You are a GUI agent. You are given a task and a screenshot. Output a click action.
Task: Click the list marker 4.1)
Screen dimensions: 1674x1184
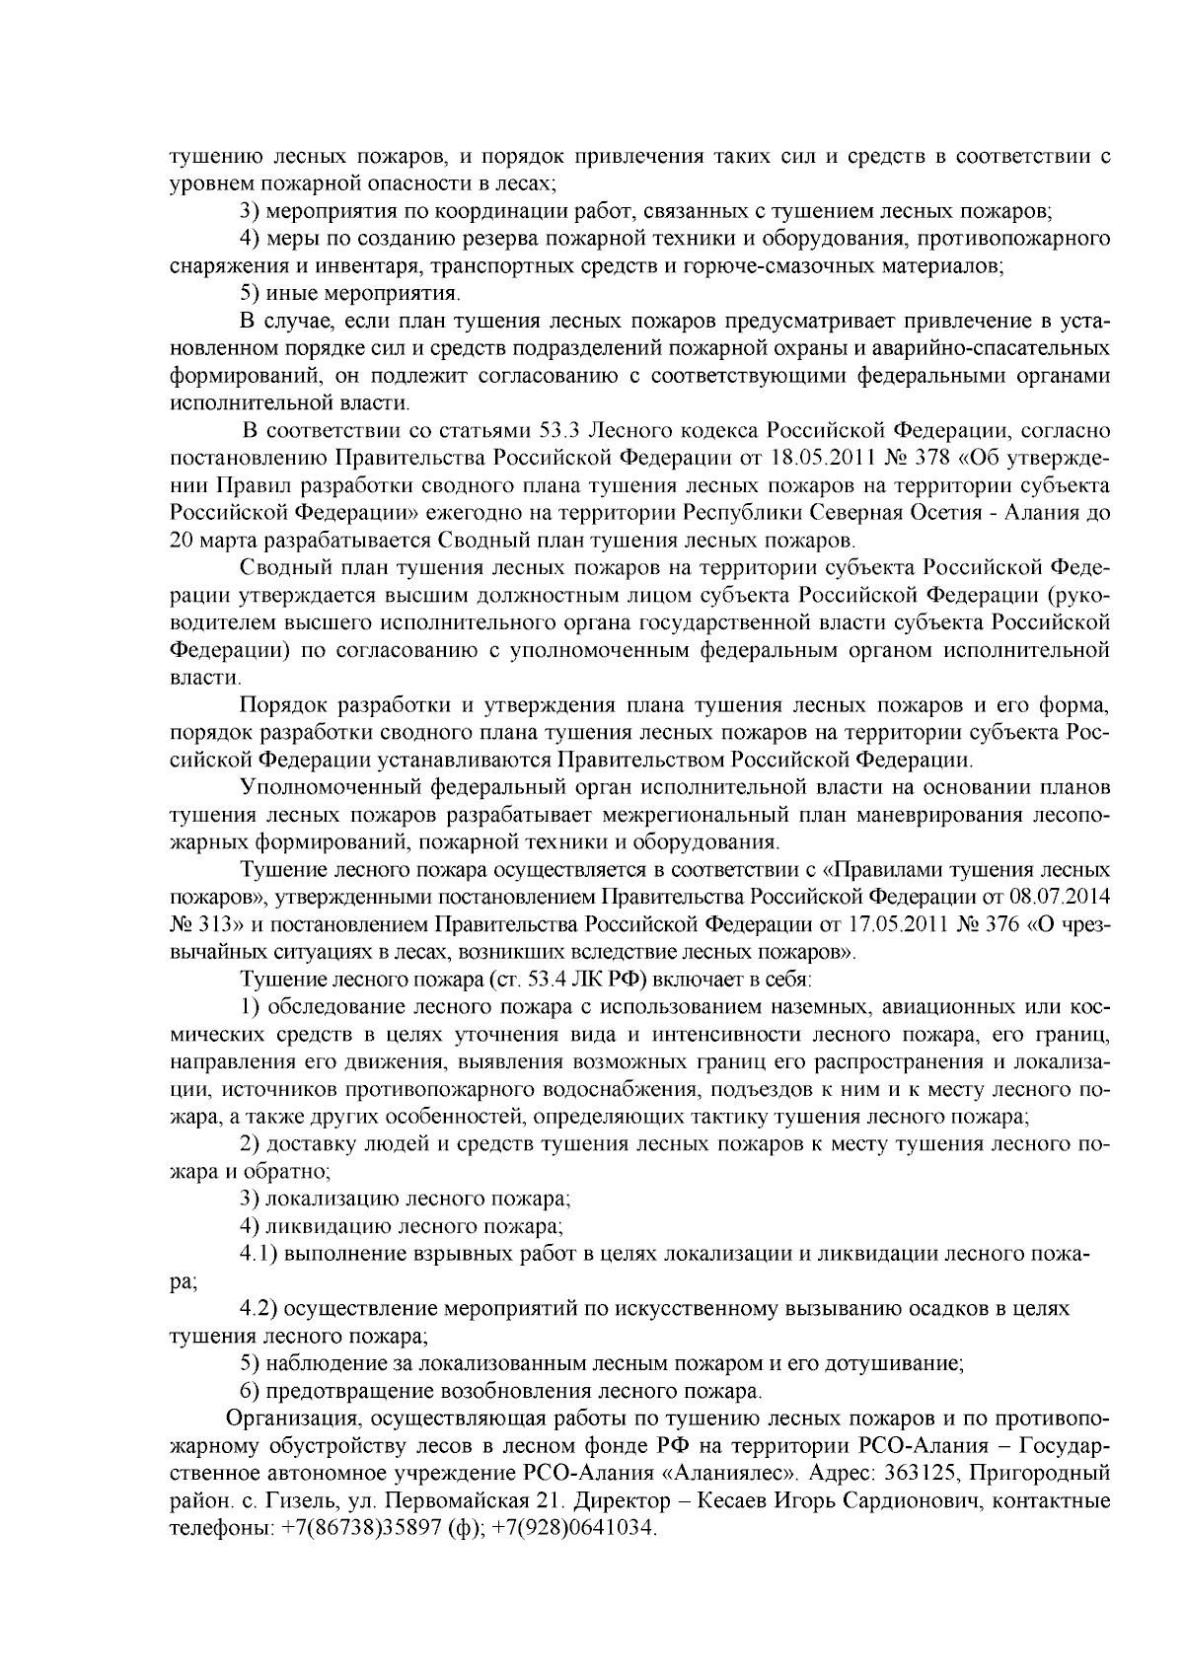(262, 1254)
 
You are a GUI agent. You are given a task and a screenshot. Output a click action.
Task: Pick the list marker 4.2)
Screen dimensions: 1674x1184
(262, 1309)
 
